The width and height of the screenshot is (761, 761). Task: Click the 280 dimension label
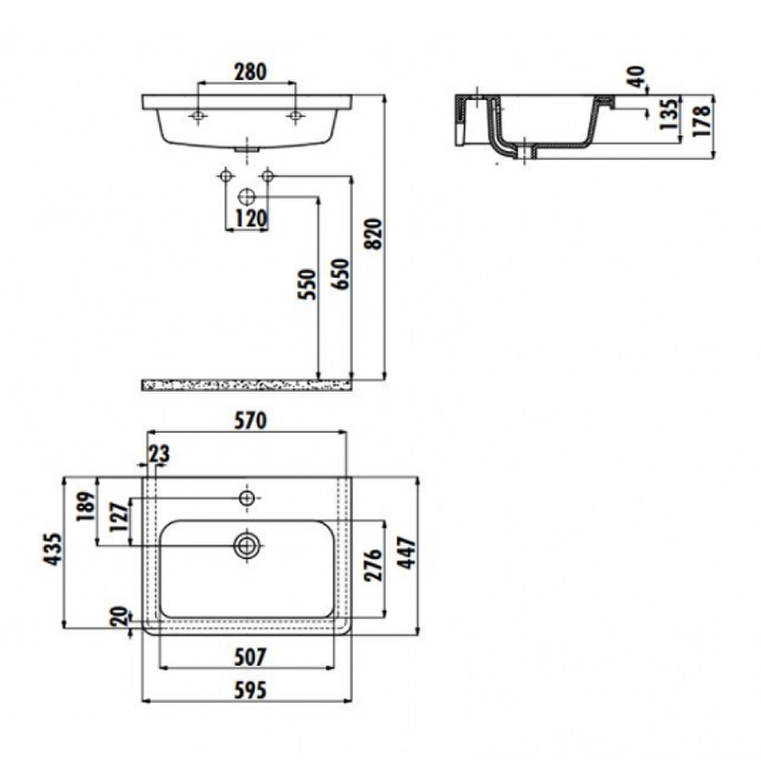pyautogui.click(x=250, y=71)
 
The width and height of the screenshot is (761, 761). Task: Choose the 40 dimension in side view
pyautogui.click(x=636, y=76)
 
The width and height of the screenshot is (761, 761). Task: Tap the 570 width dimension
pyautogui.click(x=245, y=419)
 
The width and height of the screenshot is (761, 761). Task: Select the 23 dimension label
pyautogui.click(x=157, y=454)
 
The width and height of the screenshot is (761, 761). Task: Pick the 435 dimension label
pyautogui.click(x=52, y=551)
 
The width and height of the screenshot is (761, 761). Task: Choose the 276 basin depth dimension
pyautogui.click(x=374, y=567)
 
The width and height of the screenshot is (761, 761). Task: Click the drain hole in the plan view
pyautogui.click(x=247, y=545)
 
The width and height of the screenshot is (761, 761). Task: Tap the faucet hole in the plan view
pyautogui.click(x=247, y=498)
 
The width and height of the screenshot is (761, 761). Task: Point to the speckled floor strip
pyautogui.click(x=247, y=384)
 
